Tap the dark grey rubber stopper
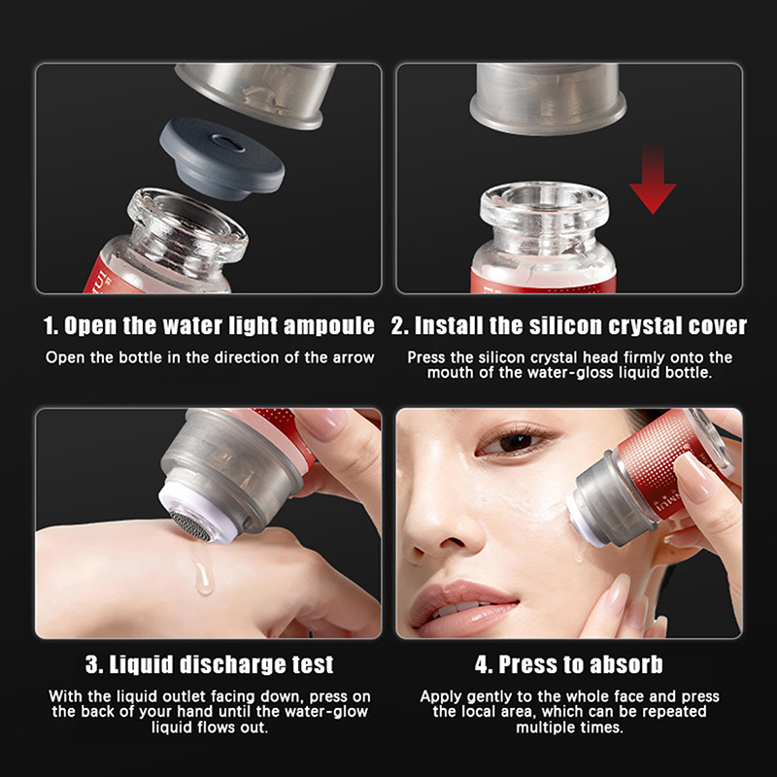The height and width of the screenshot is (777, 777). tap(222, 157)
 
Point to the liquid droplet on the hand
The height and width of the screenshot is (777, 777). tap(204, 577)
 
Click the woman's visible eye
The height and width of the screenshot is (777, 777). tap(512, 441)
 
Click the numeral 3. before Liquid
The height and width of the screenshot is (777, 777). tap(94, 665)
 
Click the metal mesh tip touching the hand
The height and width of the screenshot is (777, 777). tap(189, 526)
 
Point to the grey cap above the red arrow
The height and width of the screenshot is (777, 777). tap(548, 99)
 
